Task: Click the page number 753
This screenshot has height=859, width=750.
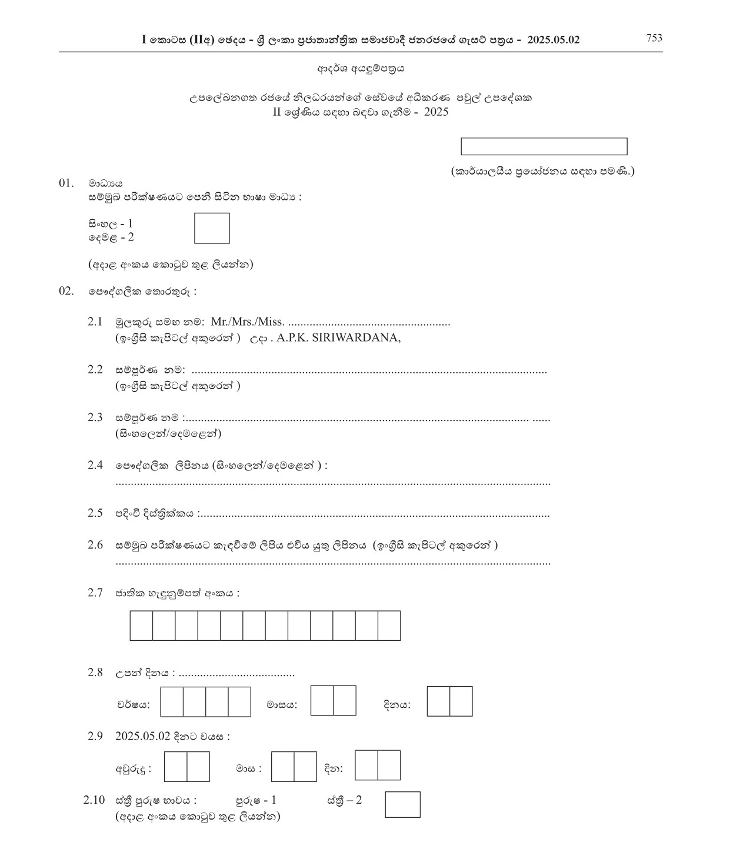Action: tap(654, 38)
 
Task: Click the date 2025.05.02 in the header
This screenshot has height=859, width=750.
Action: tap(554, 39)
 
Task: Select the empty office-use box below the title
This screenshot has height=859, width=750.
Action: tap(544, 146)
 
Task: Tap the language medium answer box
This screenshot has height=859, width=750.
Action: tap(212, 228)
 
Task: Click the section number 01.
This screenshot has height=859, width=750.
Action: tap(66, 183)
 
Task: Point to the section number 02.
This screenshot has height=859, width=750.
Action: tap(66, 291)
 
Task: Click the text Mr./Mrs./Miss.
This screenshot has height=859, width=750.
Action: tap(248, 322)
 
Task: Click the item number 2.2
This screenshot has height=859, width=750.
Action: tap(95, 370)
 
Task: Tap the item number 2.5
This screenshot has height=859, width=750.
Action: tap(95, 513)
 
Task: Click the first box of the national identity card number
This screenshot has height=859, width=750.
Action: tap(141, 625)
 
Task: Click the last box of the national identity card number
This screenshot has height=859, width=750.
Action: tap(389, 625)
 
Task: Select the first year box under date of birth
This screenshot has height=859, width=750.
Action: tap(172, 701)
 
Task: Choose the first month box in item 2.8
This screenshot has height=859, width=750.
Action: tap(322, 700)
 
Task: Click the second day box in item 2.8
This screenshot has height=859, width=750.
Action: tap(461, 701)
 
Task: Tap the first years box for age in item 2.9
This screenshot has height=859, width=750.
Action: tap(175, 767)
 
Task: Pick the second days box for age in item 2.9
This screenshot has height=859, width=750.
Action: tap(389, 765)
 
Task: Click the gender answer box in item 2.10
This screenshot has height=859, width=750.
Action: tap(402, 804)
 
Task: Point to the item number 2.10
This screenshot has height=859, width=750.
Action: tap(94, 800)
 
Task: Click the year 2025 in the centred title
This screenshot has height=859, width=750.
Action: tap(435, 112)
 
